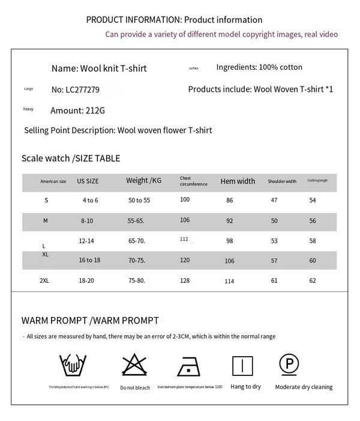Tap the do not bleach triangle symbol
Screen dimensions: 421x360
[x=134, y=365]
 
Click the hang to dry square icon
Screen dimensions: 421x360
[x=242, y=365]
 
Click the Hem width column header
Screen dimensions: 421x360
[x=238, y=181]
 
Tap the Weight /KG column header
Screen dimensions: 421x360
[x=143, y=181]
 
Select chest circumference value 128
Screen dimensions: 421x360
[x=185, y=280]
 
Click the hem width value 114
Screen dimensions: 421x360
[x=229, y=281]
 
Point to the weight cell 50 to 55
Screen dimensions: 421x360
[x=139, y=200]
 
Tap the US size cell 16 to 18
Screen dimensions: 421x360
[x=89, y=260]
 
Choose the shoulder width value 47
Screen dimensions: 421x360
[x=274, y=200]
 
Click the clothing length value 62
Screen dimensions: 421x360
[x=313, y=280]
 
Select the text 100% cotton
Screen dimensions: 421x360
[x=280, y=67]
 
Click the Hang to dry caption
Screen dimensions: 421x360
[x=245, y=387]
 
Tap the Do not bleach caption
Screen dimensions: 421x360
[x=135, y=388]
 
